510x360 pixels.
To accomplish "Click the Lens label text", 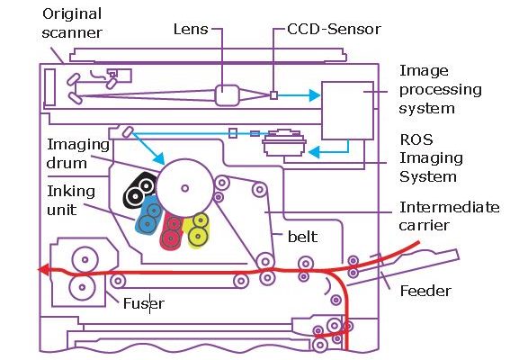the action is click(191, 29).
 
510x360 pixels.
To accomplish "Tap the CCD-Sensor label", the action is click(334, 29).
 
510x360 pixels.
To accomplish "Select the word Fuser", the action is click(144, 303).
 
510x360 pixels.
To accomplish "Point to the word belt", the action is click(302, 237).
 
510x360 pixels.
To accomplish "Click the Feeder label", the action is click(425, 291).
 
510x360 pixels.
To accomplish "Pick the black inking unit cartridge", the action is click(139, 191).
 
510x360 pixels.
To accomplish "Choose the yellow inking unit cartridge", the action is click(196, 229).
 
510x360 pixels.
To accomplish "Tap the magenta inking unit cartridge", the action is click(172, 230).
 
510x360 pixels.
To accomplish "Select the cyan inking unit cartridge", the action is click(148, 215).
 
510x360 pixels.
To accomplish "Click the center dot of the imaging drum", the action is click(185, 188).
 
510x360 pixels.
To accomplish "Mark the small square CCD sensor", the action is click(273, 95).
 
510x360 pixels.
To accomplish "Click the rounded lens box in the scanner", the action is click(227, 95).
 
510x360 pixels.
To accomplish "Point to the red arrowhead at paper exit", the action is click(44, 269).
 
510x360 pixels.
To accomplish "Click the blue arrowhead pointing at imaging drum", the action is click(159, 158).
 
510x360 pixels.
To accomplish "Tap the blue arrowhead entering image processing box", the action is click(314, 95).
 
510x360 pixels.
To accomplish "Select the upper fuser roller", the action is click(85, 259).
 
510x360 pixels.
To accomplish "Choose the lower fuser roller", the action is click(82, 287).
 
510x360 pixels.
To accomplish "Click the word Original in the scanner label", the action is click(72, 14).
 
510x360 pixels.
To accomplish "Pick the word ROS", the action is click(416, 139).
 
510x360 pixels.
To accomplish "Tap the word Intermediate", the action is click(449, 207).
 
